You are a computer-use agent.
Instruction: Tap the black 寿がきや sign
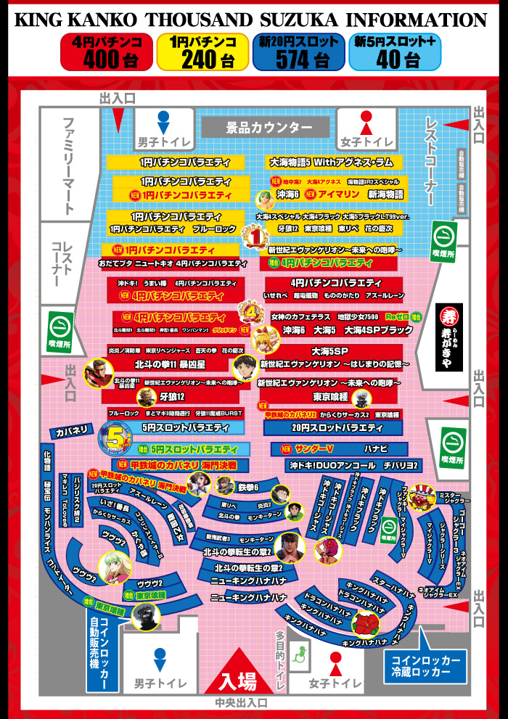[x=448, y=337]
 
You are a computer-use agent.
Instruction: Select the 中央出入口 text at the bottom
[x=241, y=703]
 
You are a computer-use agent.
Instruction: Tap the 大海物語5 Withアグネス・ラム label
[x=330, y=163]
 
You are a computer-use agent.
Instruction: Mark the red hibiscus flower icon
[x=365, y=623]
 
